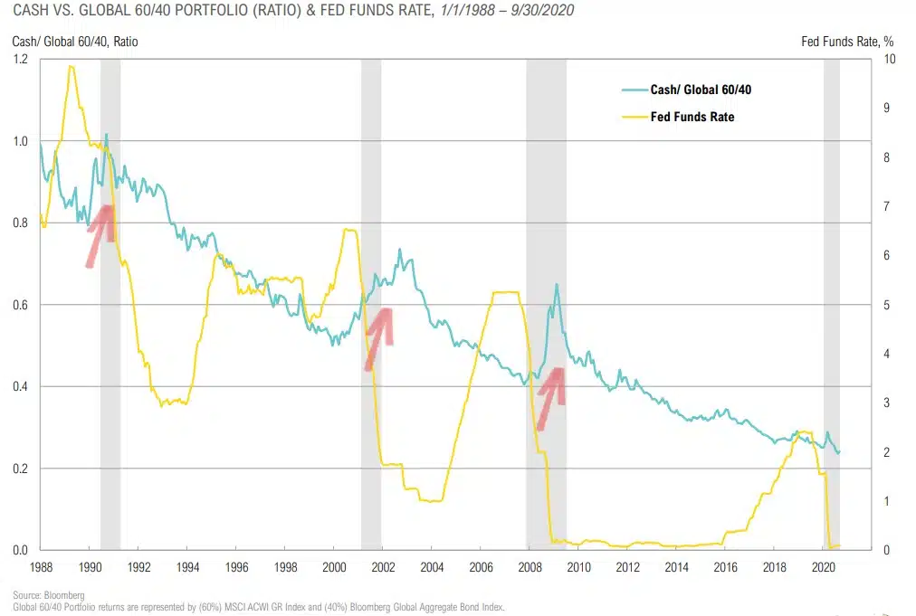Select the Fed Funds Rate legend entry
tap(692, 117)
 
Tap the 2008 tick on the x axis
tap(529, 567)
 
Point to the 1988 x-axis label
tap(41, 567)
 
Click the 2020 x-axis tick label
tap(823, 567)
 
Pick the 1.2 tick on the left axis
tap(20, 60)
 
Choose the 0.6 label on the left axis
tap(20, 305)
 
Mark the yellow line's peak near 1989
tap(70, 66)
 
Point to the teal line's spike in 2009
tap(557, 285)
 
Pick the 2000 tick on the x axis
tap(333, 567)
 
